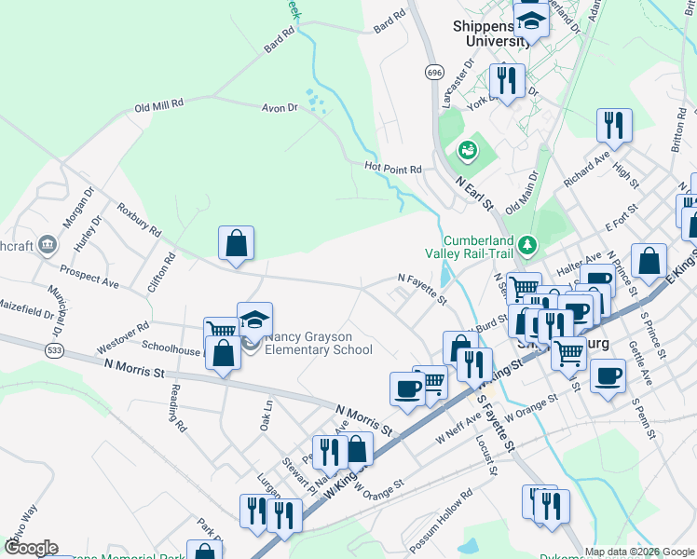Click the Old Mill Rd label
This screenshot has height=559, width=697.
coord(160,105)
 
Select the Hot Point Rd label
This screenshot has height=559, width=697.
coord(393,169)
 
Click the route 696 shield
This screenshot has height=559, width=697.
coord(434,72)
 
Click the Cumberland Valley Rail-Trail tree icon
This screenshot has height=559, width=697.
coord(529,244)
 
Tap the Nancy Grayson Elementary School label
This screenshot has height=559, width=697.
coord(319,344)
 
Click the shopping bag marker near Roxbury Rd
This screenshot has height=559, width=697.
coord(237,243)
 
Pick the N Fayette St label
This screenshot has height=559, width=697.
coord(422,289)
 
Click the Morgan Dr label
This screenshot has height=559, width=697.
coord(72,213)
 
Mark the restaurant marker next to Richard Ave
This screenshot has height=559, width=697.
coord(614,125)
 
